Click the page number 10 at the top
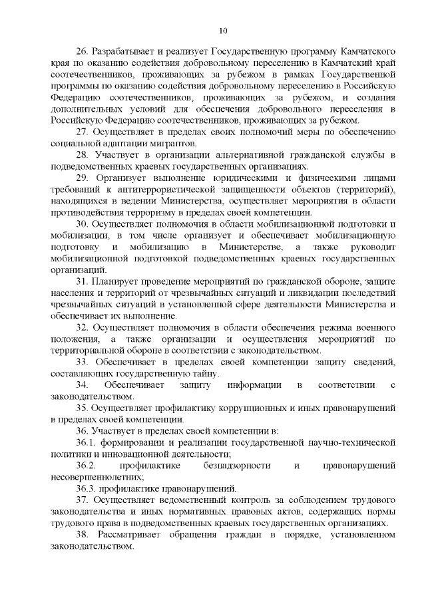click(x=222, y=30)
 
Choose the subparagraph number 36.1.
click(x=86, y=442)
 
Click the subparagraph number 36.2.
click(x=86, y=466)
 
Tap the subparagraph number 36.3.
click(x=86, y=488)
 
